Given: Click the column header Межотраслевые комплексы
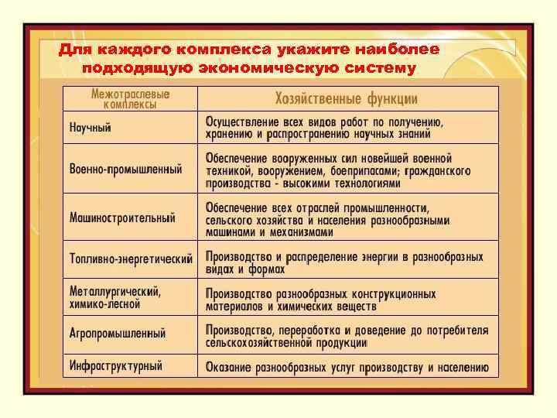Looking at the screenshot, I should tap(131, 98).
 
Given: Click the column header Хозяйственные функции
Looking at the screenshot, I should tap(346, 99).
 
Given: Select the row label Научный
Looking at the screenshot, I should tap(91, 128).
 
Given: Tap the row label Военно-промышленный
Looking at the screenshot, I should tap(125, 169).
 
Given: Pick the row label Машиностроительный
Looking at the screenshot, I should tap(122, 217).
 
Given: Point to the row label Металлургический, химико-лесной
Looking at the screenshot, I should tap(114, 298).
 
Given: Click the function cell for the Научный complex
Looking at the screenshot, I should tap(323, 128).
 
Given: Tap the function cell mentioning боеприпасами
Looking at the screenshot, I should tap(339, 170).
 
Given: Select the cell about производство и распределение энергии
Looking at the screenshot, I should tap(344, 262).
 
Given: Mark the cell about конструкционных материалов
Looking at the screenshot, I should tap(320, 300).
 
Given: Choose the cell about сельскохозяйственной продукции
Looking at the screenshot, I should tap(347, 336).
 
